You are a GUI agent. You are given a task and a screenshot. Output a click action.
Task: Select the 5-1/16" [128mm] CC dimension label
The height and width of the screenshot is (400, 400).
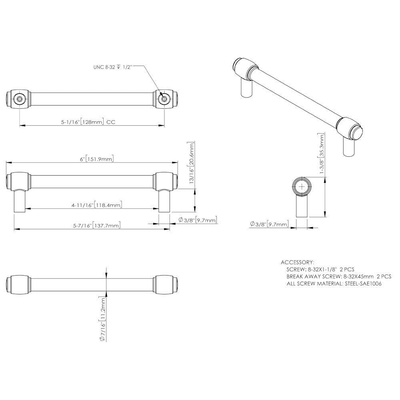tap(88, 122)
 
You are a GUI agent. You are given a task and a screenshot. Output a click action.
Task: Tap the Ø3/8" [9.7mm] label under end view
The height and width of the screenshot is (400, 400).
tap(269, 224)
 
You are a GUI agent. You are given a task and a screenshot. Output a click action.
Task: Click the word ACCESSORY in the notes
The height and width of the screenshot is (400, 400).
tap(298, 262)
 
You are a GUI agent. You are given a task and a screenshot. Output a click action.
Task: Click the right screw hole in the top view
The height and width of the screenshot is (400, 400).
tap(163, 98)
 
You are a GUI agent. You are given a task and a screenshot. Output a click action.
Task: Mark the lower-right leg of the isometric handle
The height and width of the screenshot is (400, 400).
tap(348, 148)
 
